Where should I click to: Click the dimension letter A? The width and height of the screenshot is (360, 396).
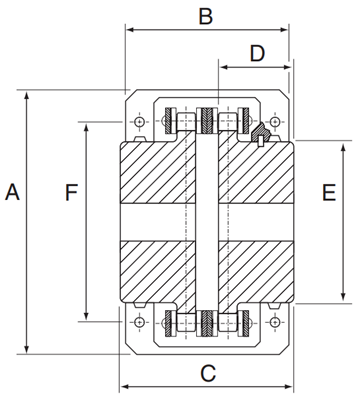click(x=13, y=191)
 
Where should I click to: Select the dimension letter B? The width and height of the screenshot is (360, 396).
click(x=206, y=16)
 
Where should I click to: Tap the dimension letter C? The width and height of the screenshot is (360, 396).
click(x=208, y=373)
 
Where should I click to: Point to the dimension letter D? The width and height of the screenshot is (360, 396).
click(x=257, y=53)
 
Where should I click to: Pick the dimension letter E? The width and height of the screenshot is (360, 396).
click(x=329, y=192)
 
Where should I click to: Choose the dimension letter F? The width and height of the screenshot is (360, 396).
click(x=71, y=192)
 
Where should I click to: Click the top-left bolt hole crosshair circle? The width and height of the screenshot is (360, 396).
click(x=139, y=122)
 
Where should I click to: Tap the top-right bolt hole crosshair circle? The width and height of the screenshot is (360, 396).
click(x=274, y=122)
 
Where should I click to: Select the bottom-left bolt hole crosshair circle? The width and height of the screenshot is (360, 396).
click(x=139, y=322)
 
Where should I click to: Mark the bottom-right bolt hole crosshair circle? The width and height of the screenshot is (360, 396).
click(x=274, y=322)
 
